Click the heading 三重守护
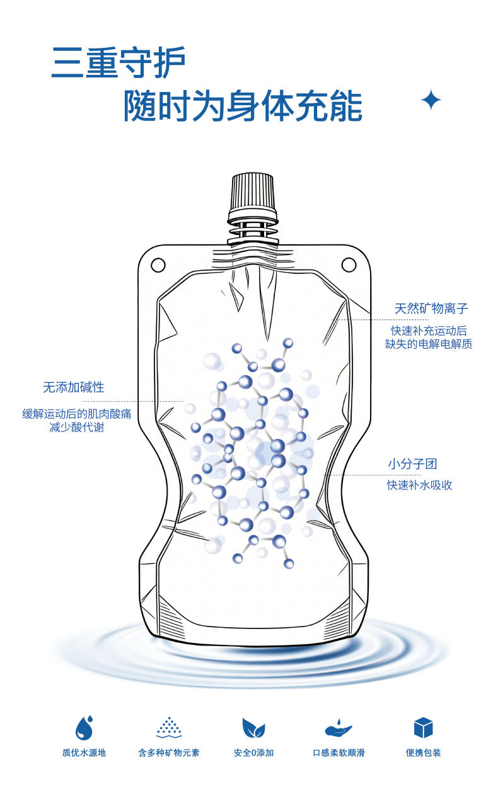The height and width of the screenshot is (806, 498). pos(119,62)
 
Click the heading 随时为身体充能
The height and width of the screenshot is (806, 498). pos(243,106)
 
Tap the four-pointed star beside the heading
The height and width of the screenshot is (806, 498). pos(431,99)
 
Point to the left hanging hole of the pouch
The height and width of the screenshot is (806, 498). pos(158,265)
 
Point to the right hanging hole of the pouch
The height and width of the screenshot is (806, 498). pos(349,265)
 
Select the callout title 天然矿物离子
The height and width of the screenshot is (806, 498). pos(431,309)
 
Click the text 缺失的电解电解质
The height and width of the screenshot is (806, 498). pos(429,344)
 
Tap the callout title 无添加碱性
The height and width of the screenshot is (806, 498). pos(74,387)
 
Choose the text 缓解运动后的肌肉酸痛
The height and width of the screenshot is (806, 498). pos(77,414)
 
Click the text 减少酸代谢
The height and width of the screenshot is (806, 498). pos(77,427)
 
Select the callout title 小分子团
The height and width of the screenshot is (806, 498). pos(413,464)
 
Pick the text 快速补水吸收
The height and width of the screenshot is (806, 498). pos(419,485)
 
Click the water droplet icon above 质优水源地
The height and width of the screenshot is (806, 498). pos(84,727)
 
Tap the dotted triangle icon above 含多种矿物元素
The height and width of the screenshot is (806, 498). pos(169,727)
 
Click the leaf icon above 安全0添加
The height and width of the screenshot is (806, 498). pos(253,727)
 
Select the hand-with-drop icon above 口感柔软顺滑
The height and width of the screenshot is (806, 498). pos(338,727)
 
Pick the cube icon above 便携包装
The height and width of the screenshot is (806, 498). pos(423,727)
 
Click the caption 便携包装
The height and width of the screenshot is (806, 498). pos(424,752)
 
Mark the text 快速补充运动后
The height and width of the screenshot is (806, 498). pos(429,331)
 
